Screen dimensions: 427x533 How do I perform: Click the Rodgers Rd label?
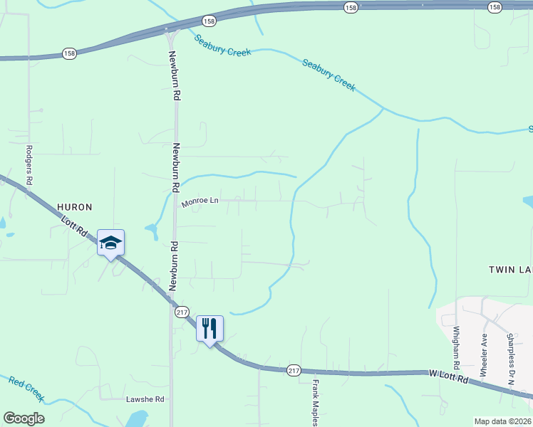pos(29,165)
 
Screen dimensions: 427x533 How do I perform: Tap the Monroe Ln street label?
pos(199,202)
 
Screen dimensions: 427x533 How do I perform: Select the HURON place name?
pos(75,207)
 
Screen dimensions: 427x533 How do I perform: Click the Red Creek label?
pos(26,389)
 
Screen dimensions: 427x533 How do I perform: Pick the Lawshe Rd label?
pos(145,399)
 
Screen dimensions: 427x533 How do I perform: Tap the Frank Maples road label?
pos(315,402)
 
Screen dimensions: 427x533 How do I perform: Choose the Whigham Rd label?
pos(457,347)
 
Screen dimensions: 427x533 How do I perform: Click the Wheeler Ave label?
pos(484,355)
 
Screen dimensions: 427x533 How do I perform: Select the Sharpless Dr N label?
pos(510,359)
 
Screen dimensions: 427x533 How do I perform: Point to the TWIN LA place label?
pos(510,270)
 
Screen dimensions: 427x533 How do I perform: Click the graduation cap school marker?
pos(110,243)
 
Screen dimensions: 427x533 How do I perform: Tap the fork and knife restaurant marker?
pos(209,329)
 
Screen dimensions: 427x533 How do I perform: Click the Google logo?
pos(24,418)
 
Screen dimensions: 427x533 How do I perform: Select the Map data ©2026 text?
pos(503,421)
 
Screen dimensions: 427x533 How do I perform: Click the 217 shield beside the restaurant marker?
pos(181,312)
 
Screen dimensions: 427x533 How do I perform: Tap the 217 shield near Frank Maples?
pos(294,371)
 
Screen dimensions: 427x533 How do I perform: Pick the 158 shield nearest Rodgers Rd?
pos(69,54)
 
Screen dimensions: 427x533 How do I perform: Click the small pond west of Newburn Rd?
pos(151,230)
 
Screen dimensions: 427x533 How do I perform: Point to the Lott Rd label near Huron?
pos(74,229)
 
